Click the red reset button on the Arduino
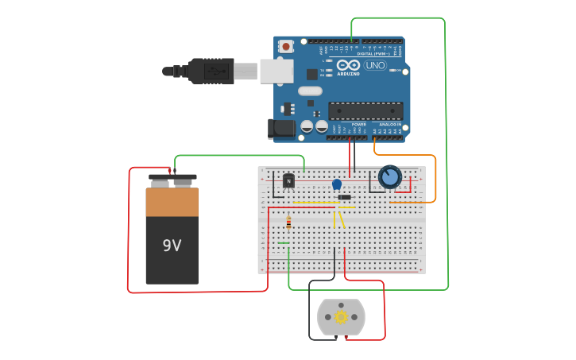(x=285, y=46)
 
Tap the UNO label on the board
(x=375, y=65)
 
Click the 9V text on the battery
(x=172, y=246)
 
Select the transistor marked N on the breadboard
(x=288, y=181)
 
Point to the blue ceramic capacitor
(x=337, y=184)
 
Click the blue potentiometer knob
(x=390, y=176)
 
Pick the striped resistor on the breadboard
(x=288, y=223)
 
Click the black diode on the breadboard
(x=344, y=197)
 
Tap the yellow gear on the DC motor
(x=342, y=317)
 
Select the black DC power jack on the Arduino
(x=280, y=127)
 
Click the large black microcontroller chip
(x=365, y=110)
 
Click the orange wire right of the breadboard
(x=435, y=179)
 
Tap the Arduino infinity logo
(x=348, y=65)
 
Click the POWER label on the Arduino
(x=359, y=125)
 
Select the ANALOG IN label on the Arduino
(x=389, y=125)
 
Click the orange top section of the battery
(x=172, y=202)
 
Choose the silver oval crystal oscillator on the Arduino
(x=310, y=91)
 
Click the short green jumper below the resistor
(x=284, y=243)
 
